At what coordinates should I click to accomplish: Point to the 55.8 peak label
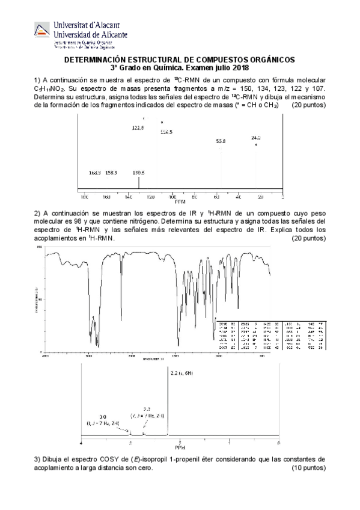[x=221, y=141]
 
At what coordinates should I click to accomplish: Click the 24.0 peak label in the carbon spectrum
[x=256, y=138]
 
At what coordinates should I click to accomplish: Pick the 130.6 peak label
[x=138, y=173]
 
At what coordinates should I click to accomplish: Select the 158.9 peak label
[x=111, y=173]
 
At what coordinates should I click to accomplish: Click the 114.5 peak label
[x=166, y=132]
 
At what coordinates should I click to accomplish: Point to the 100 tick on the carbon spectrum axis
[x=173, y=197]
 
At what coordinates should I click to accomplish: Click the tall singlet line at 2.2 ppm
[x=168, y=403]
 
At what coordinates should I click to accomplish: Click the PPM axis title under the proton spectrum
[x=180, y=447]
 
